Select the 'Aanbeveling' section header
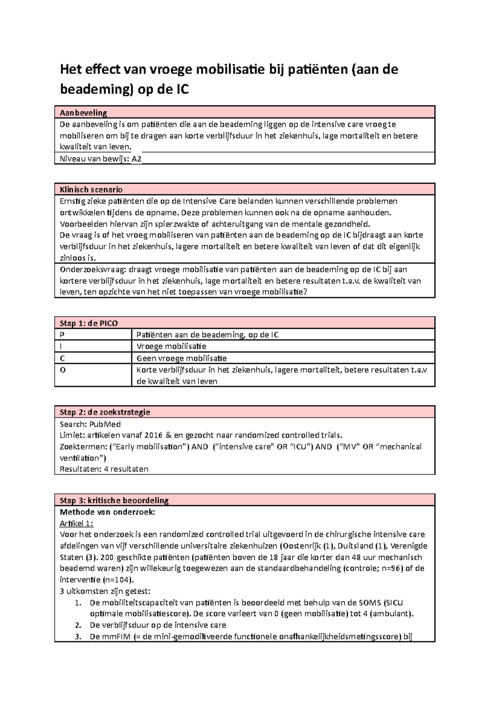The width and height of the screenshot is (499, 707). (83, 112)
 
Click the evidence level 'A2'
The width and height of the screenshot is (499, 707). (136, 159)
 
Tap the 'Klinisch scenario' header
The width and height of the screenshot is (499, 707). (91, 189)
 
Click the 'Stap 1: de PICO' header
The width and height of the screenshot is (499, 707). (89, 323)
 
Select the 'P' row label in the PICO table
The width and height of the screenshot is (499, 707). (62, 335)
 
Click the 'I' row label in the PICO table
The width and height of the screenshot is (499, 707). (62, 346)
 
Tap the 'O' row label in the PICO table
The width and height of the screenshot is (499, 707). (63, 370)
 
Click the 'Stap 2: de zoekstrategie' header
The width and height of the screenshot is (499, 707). (105, 412)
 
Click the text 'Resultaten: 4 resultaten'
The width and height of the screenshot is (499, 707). (104, 469)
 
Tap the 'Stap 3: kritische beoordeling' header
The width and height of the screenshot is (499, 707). (114, 500)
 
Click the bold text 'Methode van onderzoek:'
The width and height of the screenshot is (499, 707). (107, 512)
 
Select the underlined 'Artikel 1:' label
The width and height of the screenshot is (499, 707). (77, 523)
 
